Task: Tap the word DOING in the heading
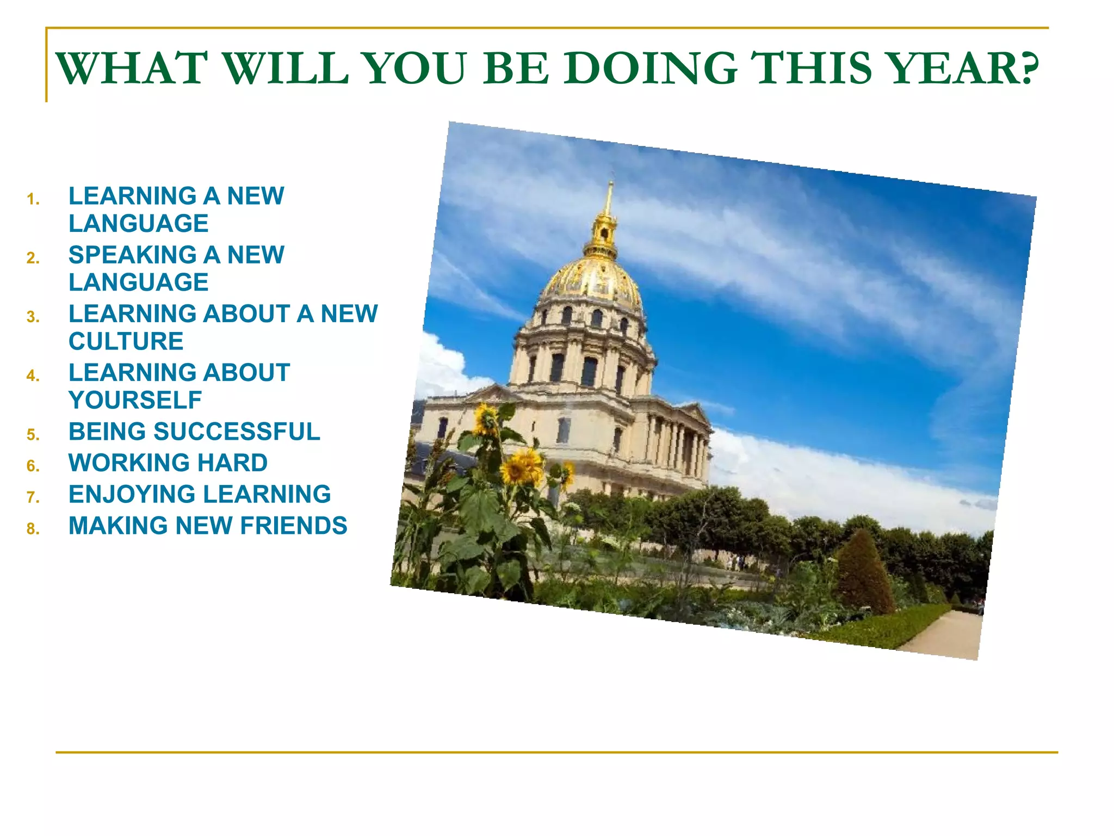[x=650, y=69]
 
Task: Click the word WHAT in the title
[x=132, y=69]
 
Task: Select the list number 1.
[x=33, y=199]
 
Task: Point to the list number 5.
[x=33, y=435]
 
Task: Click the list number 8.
[x=33, y=529]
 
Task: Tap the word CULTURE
[x=126, y=341]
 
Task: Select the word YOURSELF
[x=135, y=400]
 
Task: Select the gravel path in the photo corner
[x=946, y=634]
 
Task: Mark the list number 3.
[x=33, y=317]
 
